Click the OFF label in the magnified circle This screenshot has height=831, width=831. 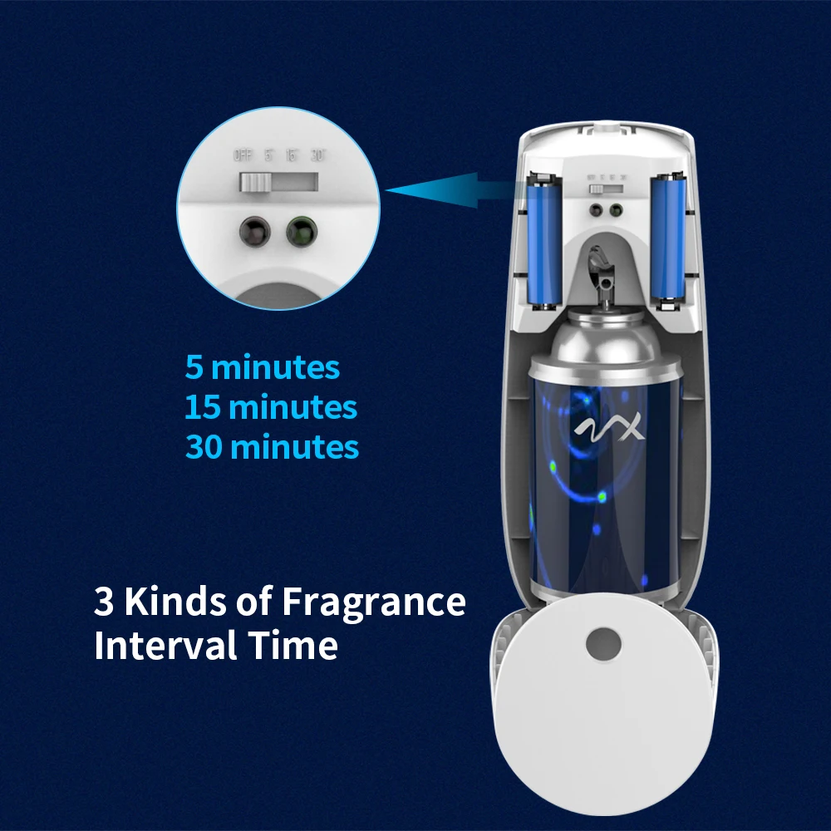(x=243, y=155)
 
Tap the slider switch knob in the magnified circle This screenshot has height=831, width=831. (x=253, y=182)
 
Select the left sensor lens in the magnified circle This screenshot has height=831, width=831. (x=253, y=230)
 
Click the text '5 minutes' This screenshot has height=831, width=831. (x=262, y=367)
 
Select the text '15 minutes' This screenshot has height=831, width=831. (x=270, y=407)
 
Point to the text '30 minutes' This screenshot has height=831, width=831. (x=272, y=447)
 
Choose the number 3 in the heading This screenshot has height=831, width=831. (x=104, y=602)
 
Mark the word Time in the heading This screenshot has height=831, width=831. (x=299, y=646)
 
